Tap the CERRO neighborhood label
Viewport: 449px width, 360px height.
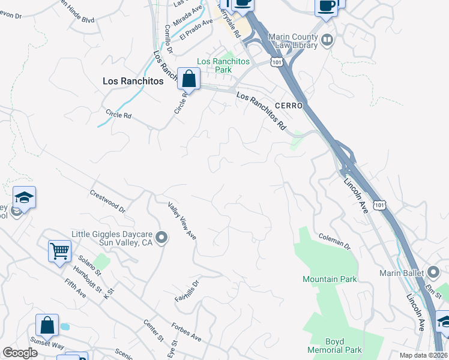(287, 105)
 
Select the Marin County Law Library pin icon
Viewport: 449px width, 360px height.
(327, 40)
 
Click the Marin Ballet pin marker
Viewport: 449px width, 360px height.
(433, 273)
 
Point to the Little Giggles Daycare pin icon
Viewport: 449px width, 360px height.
(161, 238)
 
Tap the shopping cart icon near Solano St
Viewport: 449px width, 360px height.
(60, 251)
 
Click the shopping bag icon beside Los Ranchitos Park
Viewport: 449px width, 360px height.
(188, 78)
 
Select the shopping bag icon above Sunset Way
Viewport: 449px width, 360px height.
(47, 325)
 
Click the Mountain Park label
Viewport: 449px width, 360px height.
(330, 279)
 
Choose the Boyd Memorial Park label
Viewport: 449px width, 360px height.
(334, 346)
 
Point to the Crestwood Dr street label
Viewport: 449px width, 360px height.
(107, 202)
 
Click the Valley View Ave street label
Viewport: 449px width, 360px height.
(182, 221)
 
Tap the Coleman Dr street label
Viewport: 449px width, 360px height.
(334, 241)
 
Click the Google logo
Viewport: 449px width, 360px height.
(20, 353)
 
